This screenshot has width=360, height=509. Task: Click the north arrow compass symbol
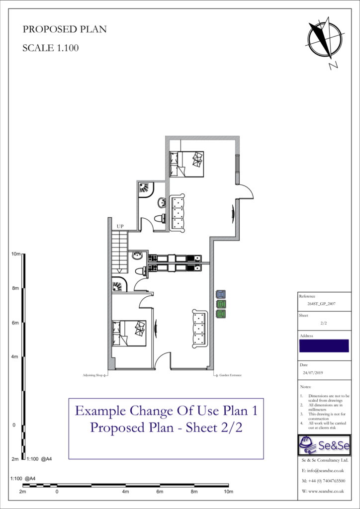pos(325,38)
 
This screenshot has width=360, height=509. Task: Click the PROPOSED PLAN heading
pos(65,29)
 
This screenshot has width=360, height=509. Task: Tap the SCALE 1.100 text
pos(51,48)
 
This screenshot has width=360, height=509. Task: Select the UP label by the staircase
pos(120,227)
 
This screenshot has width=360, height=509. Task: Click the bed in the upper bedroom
pos(186,164)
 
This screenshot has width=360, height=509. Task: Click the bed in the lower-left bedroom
pos(129,333)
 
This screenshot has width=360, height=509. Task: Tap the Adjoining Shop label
pos(92,375)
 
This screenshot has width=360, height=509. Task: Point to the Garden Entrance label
pos(231,375)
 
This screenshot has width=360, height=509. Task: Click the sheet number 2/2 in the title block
pos(323,323)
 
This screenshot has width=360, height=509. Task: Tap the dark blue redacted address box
pos(324,345)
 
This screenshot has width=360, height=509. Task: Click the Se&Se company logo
pos(324,445)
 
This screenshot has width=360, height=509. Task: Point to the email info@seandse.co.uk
pos(323,470)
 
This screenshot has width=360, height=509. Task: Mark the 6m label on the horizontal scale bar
pos(160,492)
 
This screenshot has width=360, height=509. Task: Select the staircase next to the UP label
pos(119,252)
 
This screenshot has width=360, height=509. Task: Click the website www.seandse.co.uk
pos(323,491)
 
